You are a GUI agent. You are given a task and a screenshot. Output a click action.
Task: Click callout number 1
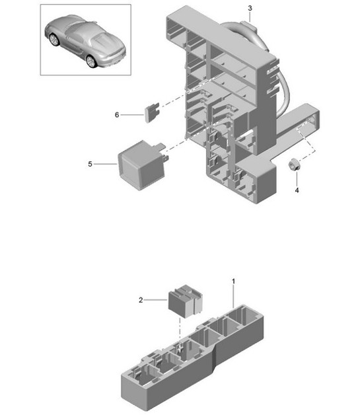click(x=233, y=282)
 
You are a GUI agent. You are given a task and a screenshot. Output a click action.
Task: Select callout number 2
click(x=140, y=299)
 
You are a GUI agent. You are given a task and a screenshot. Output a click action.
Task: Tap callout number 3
click(x=250, y=8)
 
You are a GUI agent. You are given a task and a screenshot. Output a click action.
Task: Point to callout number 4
click(x=297, y=190)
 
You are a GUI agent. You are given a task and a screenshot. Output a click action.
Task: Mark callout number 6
click(x=117, y=114)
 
